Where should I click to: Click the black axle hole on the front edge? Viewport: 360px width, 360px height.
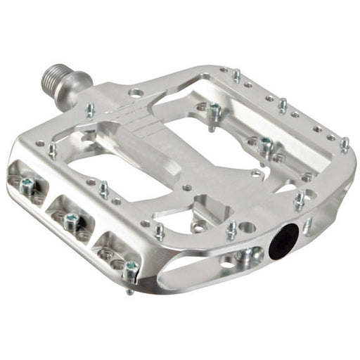click(285, 240)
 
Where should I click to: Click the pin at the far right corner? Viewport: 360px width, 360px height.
click(344, 144)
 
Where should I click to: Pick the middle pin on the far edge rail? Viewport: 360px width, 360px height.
click(281, 105)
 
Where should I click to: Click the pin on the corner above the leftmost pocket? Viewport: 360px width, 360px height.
click(52, 149)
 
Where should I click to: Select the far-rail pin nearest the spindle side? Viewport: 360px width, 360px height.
click(236, 75)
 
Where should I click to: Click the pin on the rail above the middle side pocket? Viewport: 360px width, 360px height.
click(103, 188)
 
